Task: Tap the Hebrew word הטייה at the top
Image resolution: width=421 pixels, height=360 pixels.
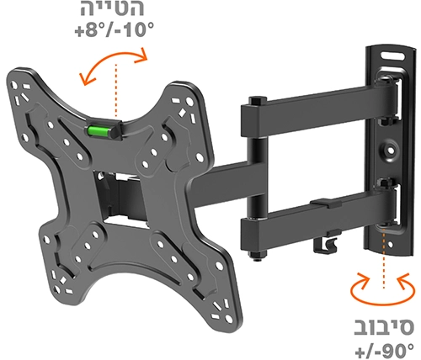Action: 113,8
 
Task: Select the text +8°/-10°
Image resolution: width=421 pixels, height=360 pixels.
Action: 115,29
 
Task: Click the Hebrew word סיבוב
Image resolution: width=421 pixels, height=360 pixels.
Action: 384,327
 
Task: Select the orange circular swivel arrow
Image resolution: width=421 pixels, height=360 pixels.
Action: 383,289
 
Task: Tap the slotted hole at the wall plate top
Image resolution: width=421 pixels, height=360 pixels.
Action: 392,56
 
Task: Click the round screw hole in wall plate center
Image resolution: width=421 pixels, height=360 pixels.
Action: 391,151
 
